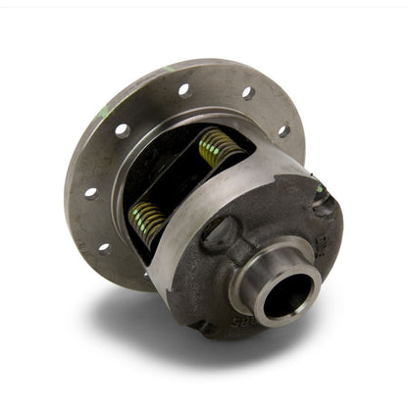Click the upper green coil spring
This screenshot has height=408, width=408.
pyautogui.click(x=222, y=147)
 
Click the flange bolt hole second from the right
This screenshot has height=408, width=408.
pyautogui.click(x=248, y=94)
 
